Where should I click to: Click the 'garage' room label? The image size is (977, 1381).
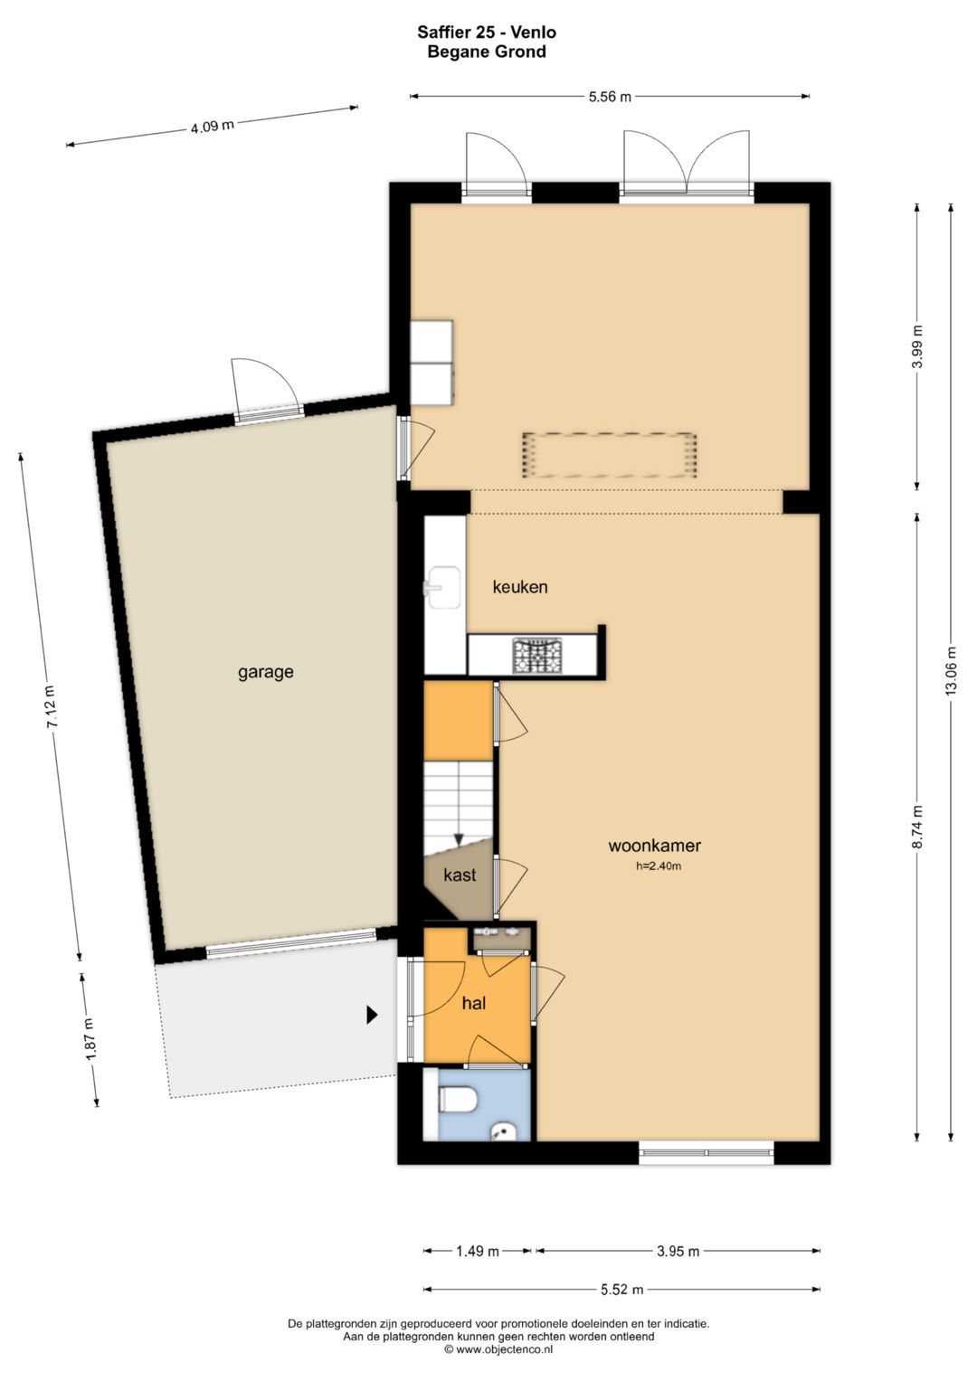(265, 672)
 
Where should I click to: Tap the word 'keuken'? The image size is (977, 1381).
(520, 587)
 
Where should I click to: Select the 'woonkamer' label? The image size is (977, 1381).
(654, 846)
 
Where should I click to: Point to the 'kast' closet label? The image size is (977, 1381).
(460, 875)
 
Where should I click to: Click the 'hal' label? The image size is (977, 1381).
(474, 1003)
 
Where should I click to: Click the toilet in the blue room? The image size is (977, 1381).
(457, 1100)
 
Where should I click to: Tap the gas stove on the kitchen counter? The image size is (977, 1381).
(536, 656)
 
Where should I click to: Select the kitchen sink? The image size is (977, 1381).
(441, 588)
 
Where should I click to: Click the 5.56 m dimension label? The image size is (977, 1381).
(610, 97)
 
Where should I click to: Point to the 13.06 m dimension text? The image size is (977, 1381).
(951, 671)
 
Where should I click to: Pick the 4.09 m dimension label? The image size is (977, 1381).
(213, 127)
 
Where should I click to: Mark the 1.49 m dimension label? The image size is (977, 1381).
(477, 1251)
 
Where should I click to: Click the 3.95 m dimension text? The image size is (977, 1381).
(678, 1251)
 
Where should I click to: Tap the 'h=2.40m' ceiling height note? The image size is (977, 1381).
(659, 866)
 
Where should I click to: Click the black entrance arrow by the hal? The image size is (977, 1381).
(372, 1015)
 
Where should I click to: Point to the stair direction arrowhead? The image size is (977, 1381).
(459, 839)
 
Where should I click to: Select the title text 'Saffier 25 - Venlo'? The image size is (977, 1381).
(487, 32)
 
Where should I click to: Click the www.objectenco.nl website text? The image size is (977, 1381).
(498, 1348)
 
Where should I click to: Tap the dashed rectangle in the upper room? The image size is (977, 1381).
(610, 456)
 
